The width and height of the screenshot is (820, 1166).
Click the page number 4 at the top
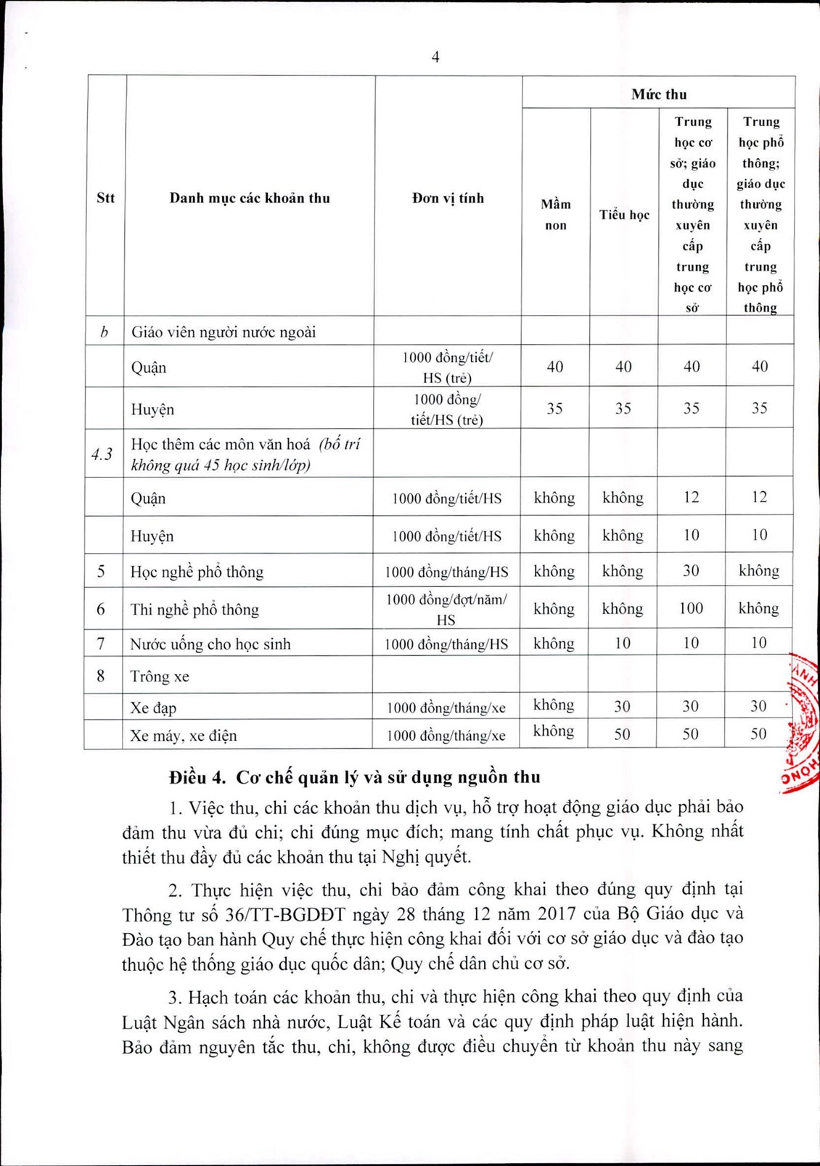click(x=435, y=57)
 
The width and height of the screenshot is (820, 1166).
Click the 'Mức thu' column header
click(x=658, y=94)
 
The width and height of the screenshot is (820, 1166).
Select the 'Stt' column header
click(x=105, y=198)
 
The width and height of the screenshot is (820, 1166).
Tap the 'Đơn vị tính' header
click(x=448, y=198)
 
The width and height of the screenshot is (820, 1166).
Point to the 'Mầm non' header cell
click(x=555, y=215)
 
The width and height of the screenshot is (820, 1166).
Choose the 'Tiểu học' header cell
click(x=624, y=215)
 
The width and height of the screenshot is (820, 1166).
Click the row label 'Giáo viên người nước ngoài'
click(x=224, y=332)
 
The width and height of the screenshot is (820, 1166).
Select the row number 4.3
click(x=102, y=454)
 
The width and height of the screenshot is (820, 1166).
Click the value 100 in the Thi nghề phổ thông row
click(x=691, y=608)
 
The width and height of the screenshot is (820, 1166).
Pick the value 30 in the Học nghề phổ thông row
click(x=691, y=571)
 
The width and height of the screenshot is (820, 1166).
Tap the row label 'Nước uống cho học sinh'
click(x=210, y=644)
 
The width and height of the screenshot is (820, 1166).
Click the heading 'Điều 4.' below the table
click(x=197, y=777)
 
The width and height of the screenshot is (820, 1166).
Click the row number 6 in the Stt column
click(x=101, y=609)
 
